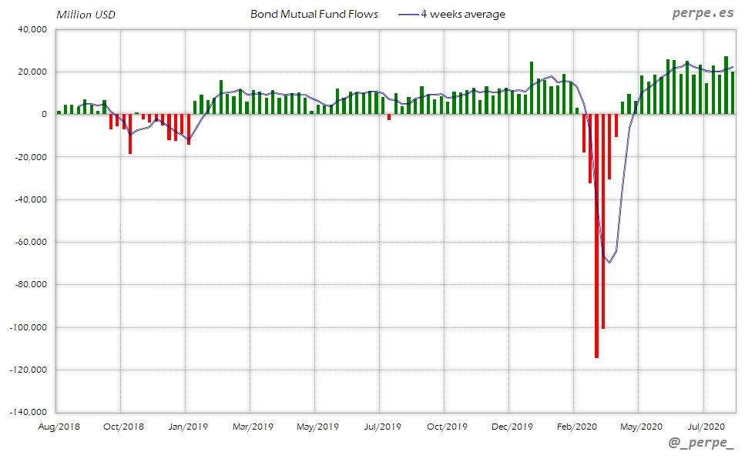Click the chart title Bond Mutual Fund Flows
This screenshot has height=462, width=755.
[x=314, y=14]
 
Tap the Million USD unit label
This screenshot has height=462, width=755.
[x=86, y=15]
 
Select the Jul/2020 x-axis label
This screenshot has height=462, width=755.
[x=703, y=426]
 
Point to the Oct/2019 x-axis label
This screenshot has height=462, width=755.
[x=445, y=426]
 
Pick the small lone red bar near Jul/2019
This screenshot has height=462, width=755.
[x=389, y=117]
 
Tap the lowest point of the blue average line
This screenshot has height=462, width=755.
[x=609, y=262]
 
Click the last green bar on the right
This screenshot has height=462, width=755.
[x=733, y=93]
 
